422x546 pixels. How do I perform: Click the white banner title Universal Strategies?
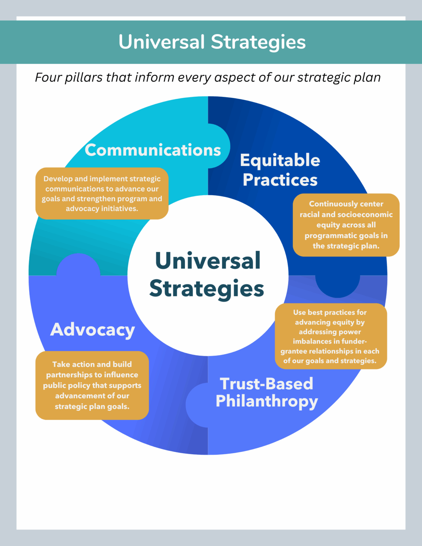[x=212, y=42]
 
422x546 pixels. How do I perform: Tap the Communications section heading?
[x=153, y=150]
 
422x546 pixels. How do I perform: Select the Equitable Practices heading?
[x=280, y=170]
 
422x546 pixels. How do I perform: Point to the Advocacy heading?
[x=92, y=330]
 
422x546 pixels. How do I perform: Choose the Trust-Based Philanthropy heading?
[x=267, y=393]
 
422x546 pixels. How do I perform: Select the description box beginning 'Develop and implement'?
[x=102, y=193]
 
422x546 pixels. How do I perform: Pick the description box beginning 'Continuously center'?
[x=346, y=225]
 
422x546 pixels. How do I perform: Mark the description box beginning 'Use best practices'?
[x=331, y=336]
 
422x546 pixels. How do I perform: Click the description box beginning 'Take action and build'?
[x=92, y=385]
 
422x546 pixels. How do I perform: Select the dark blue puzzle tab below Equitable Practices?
[x=338, y=287]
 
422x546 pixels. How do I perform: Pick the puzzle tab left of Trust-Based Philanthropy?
[x=197, y=405]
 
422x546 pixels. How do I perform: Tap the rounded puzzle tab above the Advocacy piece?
[x=78, y=264]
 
